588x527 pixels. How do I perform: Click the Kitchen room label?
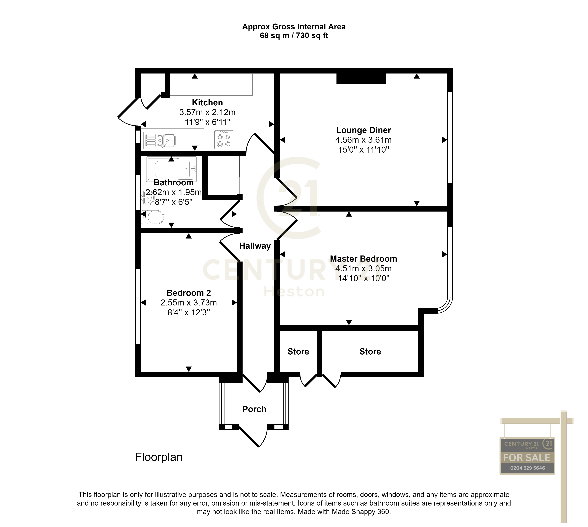(x=207, y=102)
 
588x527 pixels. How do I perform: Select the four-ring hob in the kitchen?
(x=223, y=140)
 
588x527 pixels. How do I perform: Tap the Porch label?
(x=254, y=409)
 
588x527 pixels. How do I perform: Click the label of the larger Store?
(x=370, y=351)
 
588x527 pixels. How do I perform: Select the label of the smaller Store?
(x=298, y=351)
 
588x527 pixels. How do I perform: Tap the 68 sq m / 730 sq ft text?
(x=294, y=36)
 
